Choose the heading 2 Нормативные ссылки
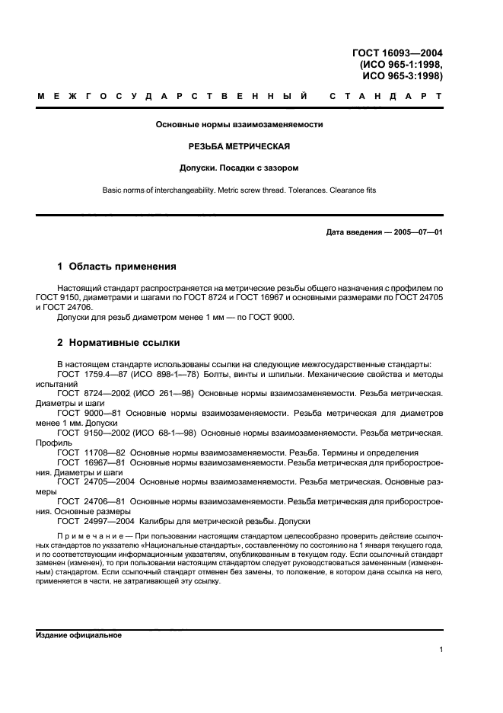point(119,343)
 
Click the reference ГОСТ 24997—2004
point(89,522)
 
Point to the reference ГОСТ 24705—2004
point(89,482)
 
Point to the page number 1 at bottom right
point(441,650)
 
